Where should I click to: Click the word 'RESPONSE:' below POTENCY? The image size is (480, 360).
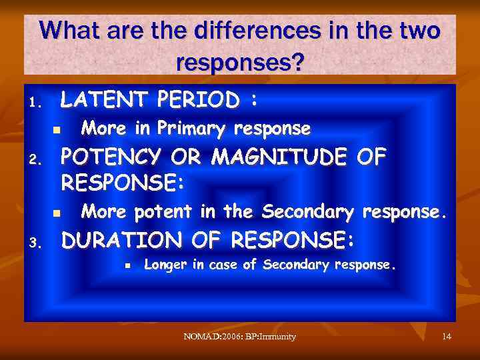(x=122, y=181)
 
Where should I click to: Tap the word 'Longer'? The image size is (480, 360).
(x=165, y=265)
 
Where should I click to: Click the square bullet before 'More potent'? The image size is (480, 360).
(x=57, y=213)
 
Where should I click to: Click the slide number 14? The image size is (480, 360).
(x=447, y=337)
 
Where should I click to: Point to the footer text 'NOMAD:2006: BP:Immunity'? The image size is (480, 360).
(x=239, y=337)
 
